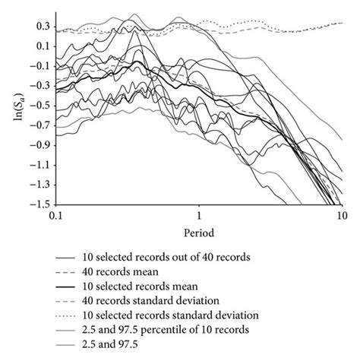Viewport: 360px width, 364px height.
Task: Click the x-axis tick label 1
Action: coord(200,216)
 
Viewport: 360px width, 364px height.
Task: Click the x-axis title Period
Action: coord(200,231)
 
